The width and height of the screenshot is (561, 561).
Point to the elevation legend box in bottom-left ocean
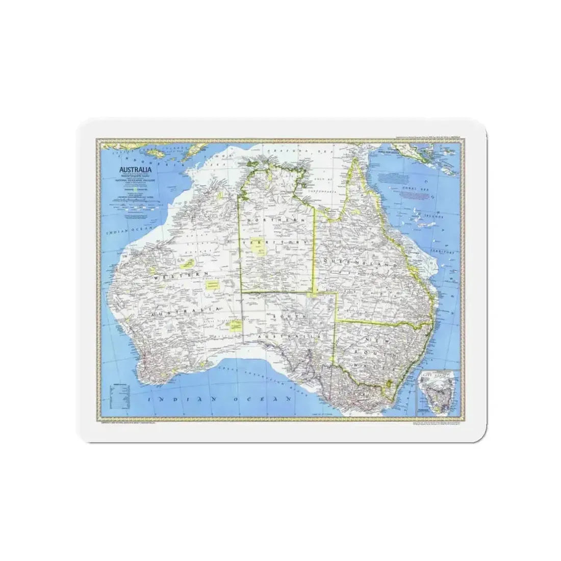[121, 392]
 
